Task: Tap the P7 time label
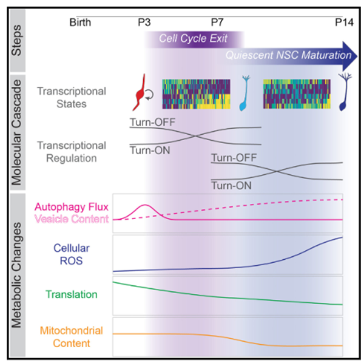tap(218, 23)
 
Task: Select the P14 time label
tap(345, 23)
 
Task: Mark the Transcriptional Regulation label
tap(71, 151)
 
